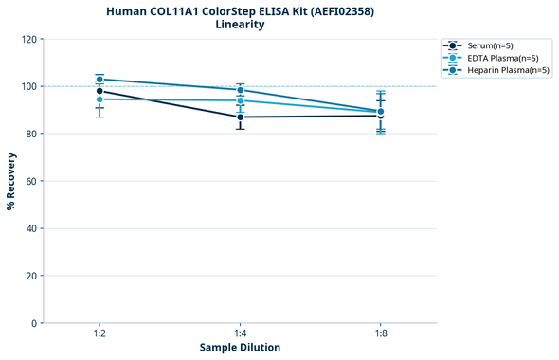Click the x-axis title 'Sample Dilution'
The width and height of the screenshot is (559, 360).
240,348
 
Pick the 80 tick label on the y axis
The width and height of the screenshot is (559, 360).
30,134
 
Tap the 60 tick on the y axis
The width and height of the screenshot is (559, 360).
30,181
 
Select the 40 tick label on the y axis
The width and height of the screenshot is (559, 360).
30,228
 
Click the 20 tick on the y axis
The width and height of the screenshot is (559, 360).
30,276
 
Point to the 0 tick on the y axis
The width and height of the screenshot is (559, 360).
33,323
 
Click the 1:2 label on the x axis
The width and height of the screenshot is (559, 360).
99,333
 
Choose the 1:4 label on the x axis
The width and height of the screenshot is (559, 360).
241,333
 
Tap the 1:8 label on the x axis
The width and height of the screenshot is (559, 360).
381,333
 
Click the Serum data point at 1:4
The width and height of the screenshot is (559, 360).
241,117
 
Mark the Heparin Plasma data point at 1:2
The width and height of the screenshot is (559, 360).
99,80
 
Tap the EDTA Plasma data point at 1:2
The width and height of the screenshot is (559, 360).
99,99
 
